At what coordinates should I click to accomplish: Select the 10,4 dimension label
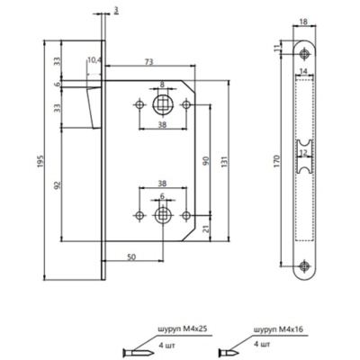pyautogui.click(x=94, y=61)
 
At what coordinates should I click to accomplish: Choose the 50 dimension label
pyautogui.click(x=131, y=257)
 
